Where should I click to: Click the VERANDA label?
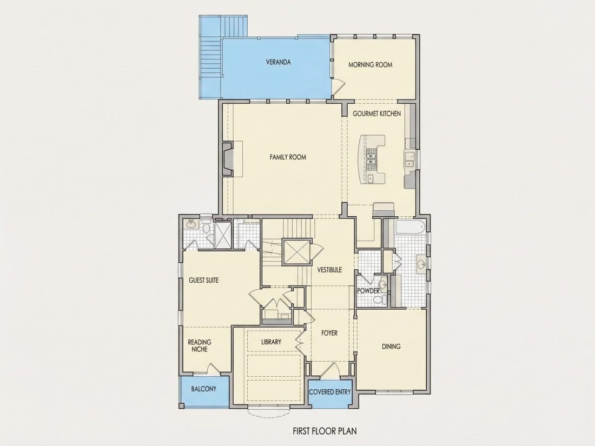278,62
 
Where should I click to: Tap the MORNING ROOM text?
371,65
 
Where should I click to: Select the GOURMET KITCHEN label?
377,114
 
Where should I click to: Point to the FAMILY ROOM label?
288,157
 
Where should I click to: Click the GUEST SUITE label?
204,280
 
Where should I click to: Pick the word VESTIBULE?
329,270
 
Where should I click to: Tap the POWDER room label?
368,291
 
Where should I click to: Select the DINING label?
391,346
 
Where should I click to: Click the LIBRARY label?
272,342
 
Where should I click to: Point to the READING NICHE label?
200,345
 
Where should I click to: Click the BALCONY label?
204,389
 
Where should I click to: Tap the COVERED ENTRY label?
330,392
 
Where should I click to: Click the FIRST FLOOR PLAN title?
325,431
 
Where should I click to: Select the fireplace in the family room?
228,158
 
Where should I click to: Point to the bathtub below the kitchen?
409,228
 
